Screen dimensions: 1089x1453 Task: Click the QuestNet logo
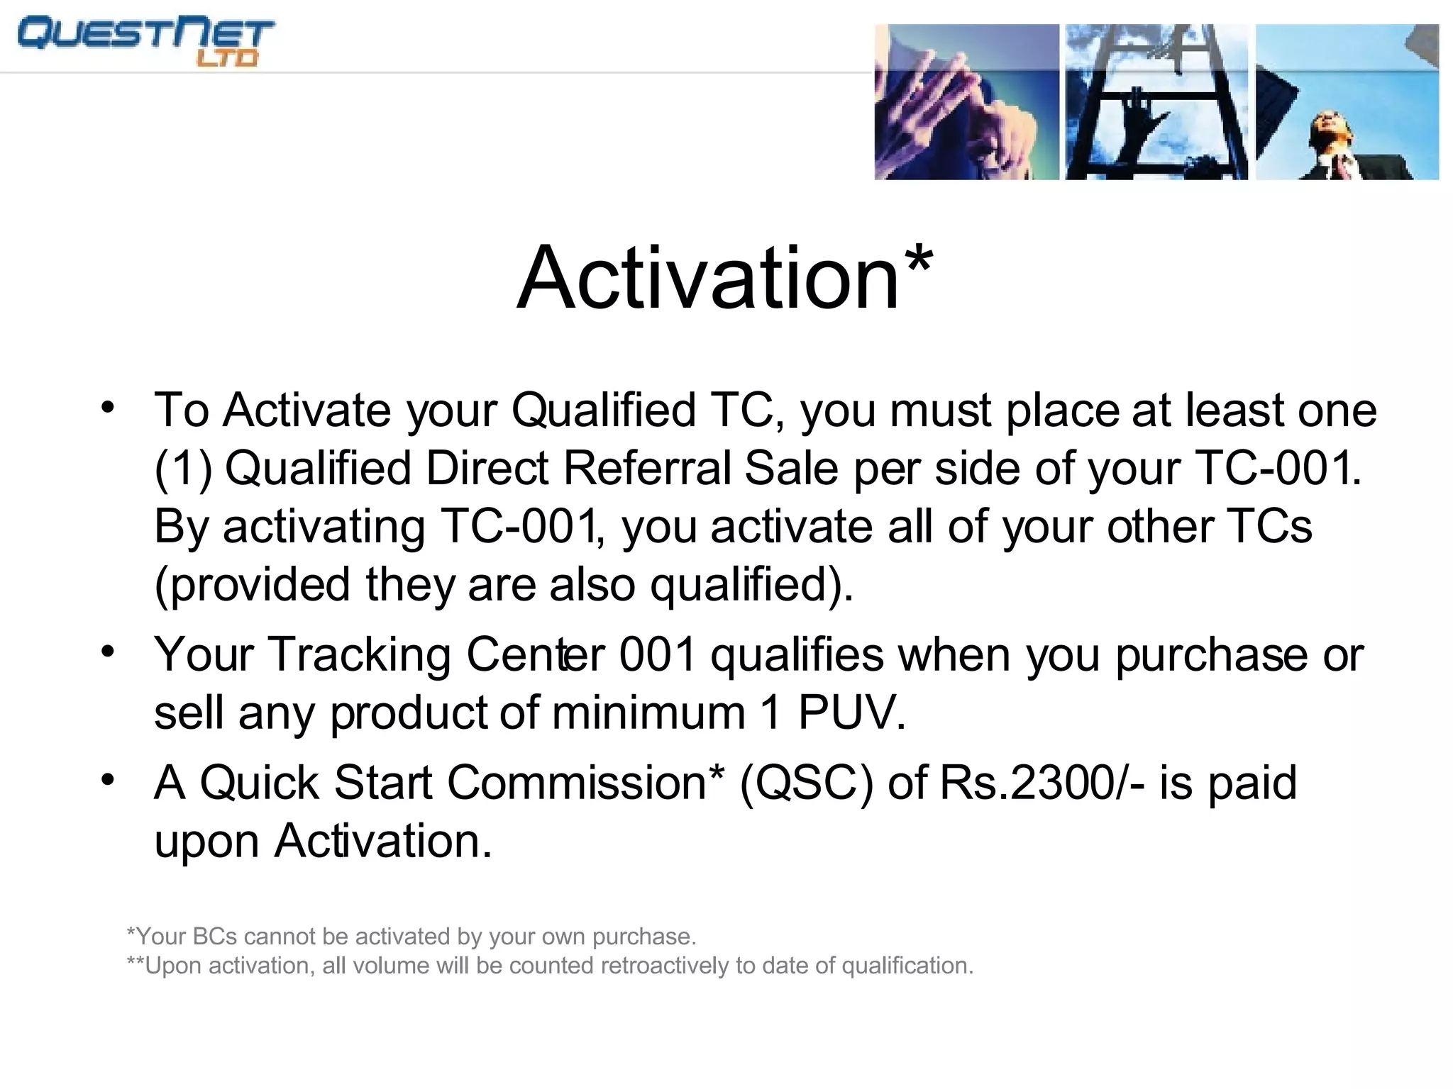pyautogui.click(x=145, y=41)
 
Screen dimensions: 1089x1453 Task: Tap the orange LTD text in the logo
pyautogui.click(x=226, y=58)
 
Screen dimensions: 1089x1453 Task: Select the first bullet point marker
pyautogui.click(x=108, y=408)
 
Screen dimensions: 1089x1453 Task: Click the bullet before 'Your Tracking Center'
pyautogui.click(x=108, y=651)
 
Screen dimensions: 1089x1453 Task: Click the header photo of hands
pyautogui.click(x=966, y=102)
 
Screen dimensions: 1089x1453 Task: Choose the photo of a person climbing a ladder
pyautogui.click(x=1156, y=102)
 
